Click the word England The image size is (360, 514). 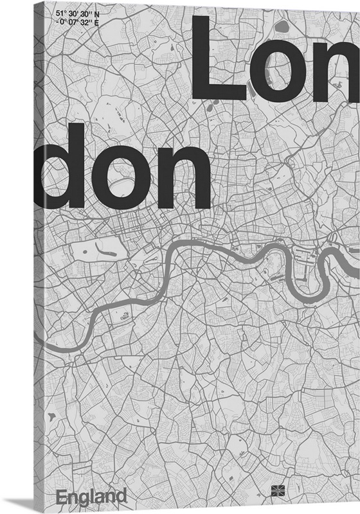click(91, 497)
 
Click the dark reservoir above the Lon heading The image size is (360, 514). click(281, 27)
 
